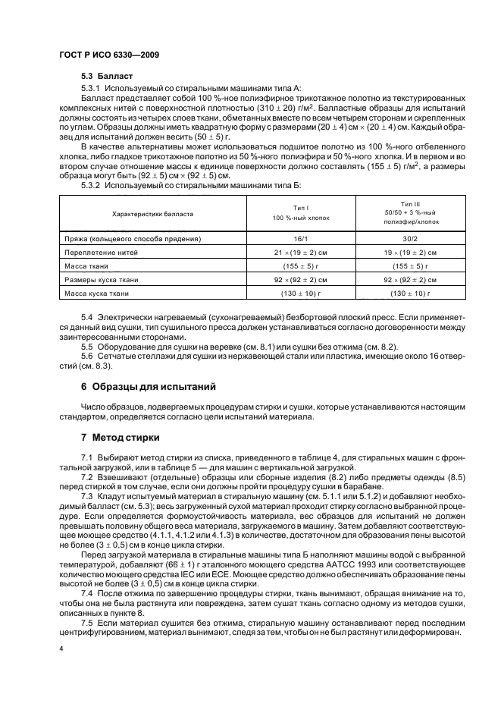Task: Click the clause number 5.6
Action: pos(87,357)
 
